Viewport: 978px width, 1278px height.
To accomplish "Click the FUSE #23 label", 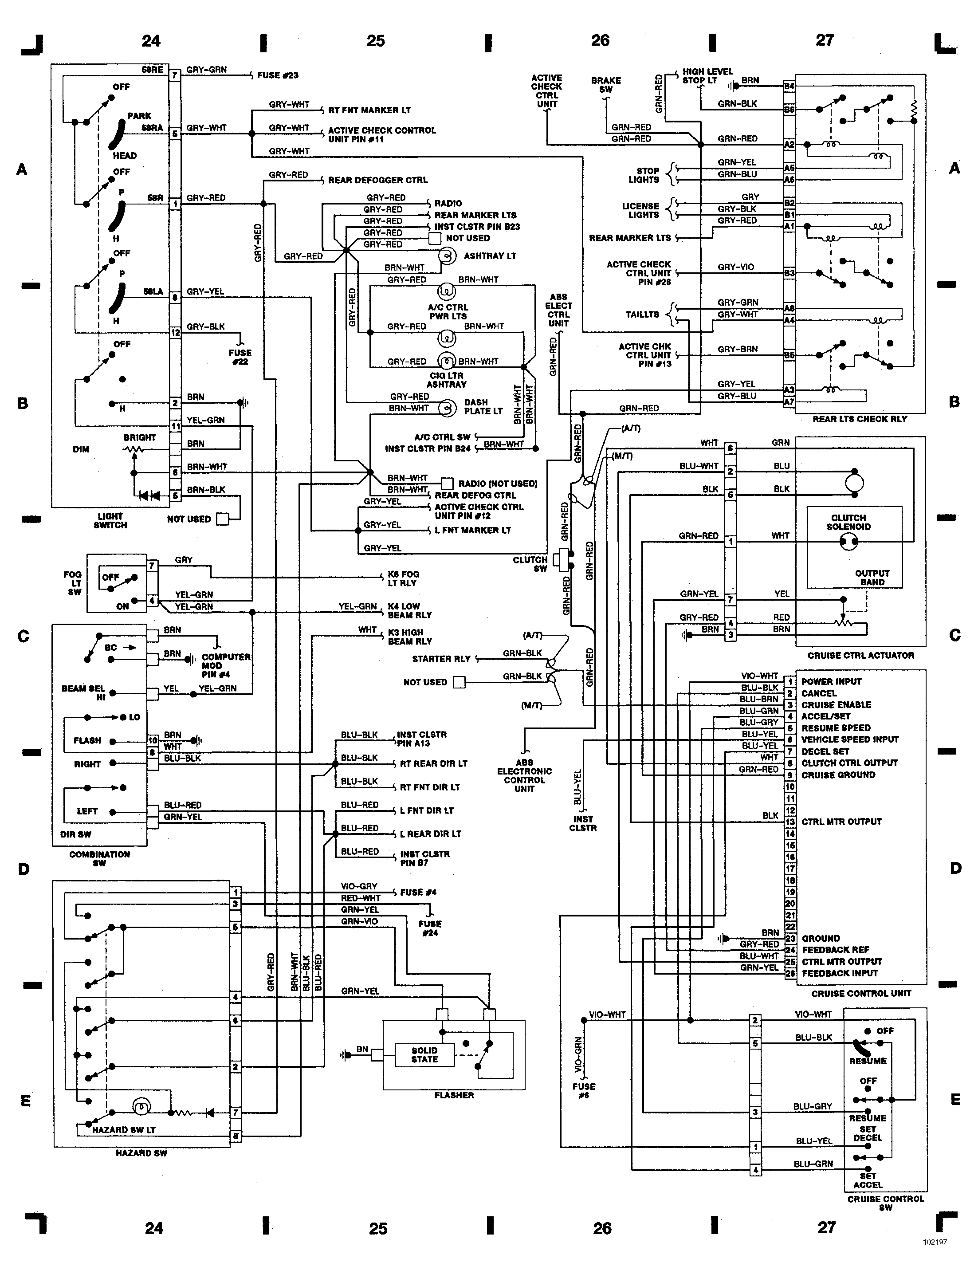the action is click(278, 75).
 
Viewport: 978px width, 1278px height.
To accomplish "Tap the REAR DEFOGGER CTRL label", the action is click(378, 181).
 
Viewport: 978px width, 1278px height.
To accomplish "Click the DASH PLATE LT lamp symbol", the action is click(447, 408).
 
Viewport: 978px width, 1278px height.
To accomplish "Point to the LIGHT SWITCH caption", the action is click(110, 520).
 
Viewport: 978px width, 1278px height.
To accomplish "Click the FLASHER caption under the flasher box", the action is click(454, 1095).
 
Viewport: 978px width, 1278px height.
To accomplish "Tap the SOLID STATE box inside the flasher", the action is click(424, 1055).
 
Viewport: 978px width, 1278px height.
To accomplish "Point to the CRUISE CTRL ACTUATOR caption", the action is click(860, 656).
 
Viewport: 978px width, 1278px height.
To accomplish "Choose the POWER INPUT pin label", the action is click(831, 682).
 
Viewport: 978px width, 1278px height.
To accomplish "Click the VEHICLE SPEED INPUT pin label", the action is click(850, 739).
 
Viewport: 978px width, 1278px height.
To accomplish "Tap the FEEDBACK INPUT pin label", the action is click(840, 973).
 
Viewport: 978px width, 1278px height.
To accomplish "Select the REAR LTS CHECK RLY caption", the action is click(860, 419).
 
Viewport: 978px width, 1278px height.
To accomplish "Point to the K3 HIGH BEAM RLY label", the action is click(410, 637).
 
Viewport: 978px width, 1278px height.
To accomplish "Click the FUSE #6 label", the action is click(584, 1090).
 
